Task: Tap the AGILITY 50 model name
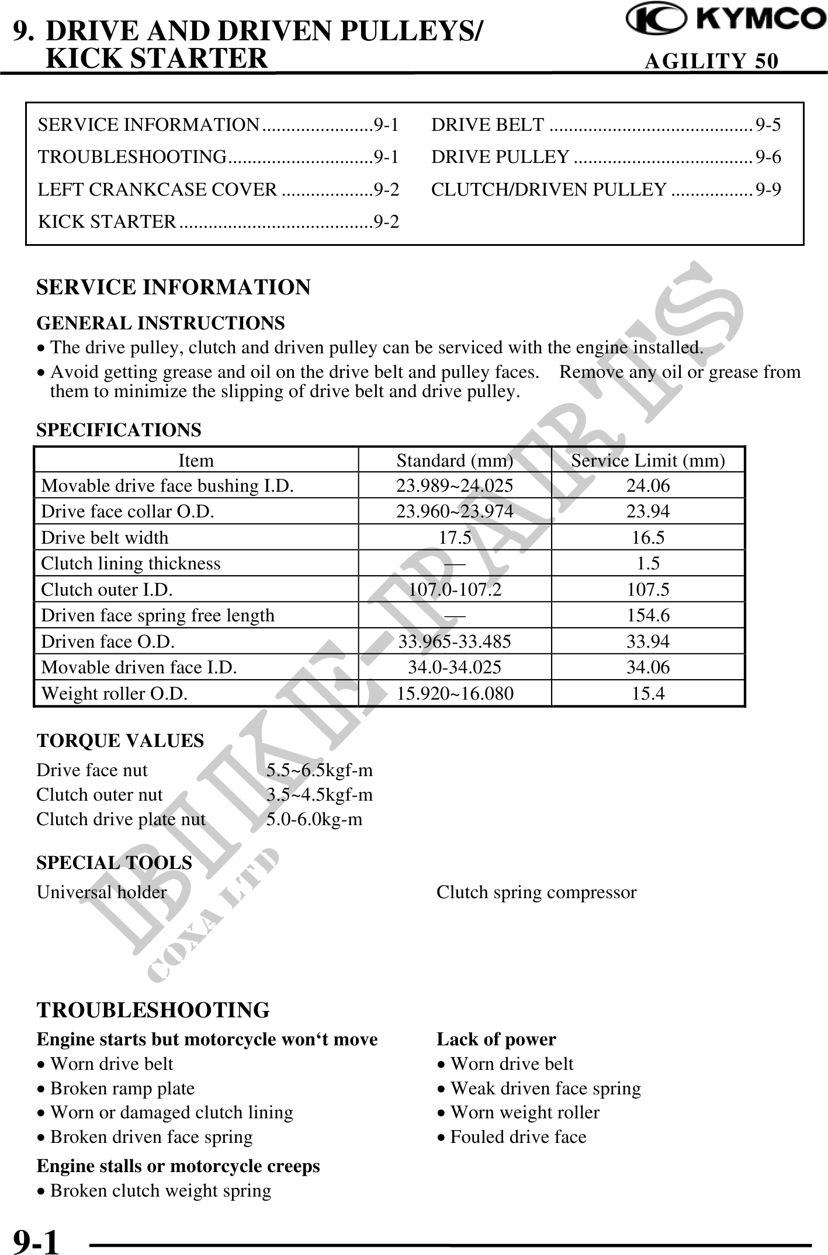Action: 711,61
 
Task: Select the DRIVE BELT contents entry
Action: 605,124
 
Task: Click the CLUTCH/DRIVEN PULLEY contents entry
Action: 605,189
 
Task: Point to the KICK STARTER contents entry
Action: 219,221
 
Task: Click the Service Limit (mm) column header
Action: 647,461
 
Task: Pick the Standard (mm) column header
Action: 455,461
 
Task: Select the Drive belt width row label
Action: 105,537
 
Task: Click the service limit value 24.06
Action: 648,486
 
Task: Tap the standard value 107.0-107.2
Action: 455,589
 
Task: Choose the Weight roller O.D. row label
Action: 115,693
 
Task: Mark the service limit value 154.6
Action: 648,615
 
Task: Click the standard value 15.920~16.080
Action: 455,693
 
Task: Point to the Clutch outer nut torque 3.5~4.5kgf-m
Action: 320,794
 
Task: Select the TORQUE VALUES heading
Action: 120,741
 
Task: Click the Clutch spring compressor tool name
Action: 536,892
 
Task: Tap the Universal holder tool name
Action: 102,892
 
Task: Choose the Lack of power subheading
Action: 496,1039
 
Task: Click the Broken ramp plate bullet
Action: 122,1088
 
